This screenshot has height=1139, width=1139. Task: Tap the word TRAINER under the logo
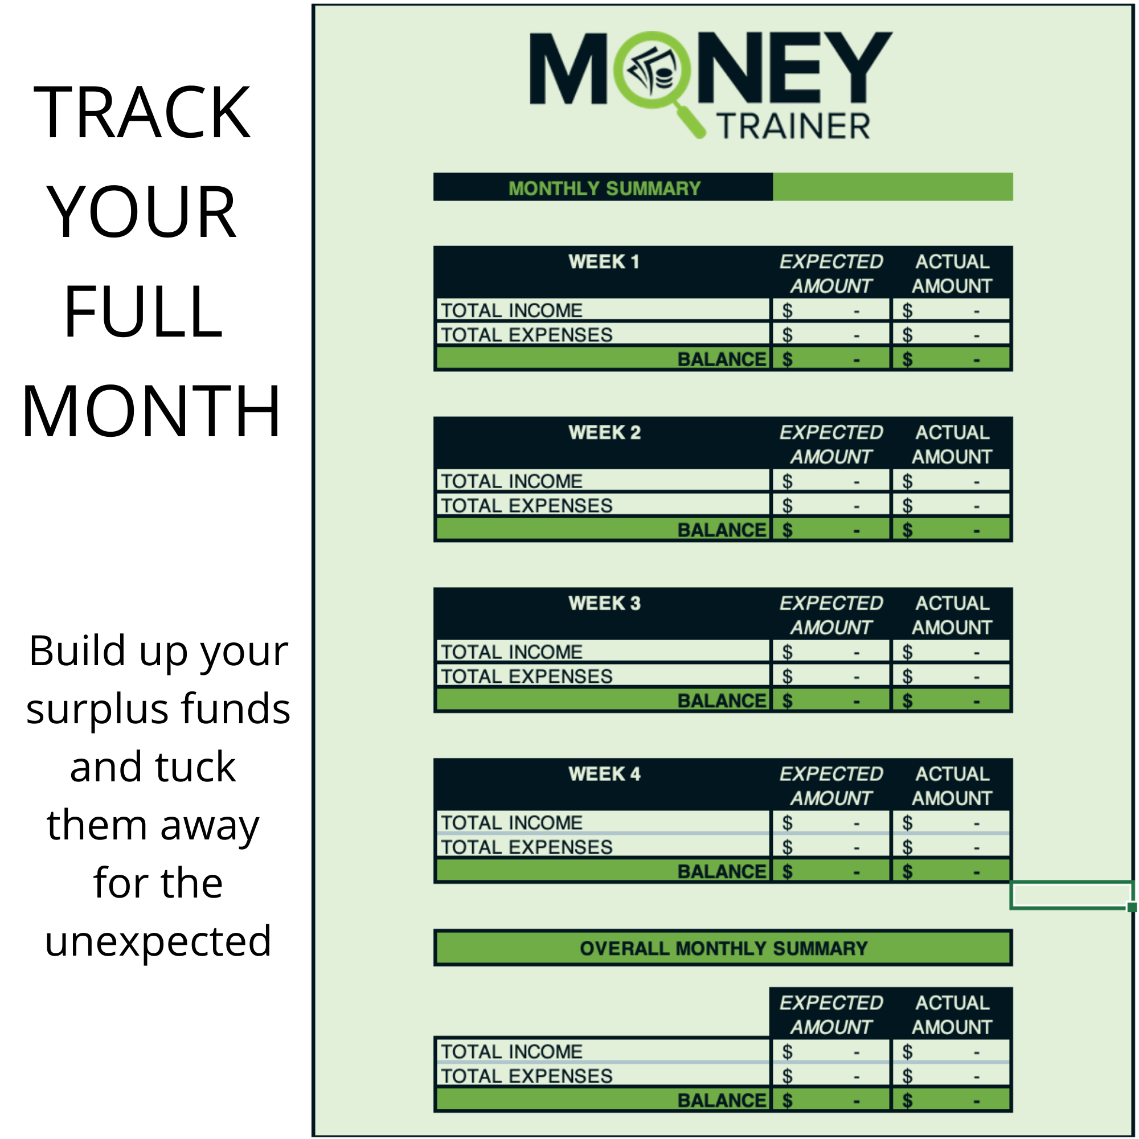793,127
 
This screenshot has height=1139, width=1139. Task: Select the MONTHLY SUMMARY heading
604,188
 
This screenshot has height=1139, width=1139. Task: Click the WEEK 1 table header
604,262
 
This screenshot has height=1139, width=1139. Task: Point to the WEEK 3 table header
604,603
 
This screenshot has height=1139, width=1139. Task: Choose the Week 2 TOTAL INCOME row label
512,481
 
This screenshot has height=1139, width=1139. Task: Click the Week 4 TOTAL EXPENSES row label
526,847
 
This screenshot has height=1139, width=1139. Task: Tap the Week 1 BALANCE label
721,359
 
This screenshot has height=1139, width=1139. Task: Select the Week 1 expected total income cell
830,310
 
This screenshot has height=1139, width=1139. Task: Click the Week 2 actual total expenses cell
950,505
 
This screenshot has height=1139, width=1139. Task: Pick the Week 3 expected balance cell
830,701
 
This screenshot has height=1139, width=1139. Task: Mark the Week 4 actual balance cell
950,871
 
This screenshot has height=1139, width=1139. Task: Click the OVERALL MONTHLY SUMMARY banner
723,948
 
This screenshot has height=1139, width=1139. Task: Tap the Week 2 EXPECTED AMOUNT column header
831,445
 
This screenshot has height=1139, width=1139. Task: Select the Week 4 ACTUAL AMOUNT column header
952,786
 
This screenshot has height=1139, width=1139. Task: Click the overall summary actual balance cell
950,1100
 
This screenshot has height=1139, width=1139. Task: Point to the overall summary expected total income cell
830,1052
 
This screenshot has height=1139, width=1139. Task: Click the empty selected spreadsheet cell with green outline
1070,895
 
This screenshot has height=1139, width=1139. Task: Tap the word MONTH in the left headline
151,411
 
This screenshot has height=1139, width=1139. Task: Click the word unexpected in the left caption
158,941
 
